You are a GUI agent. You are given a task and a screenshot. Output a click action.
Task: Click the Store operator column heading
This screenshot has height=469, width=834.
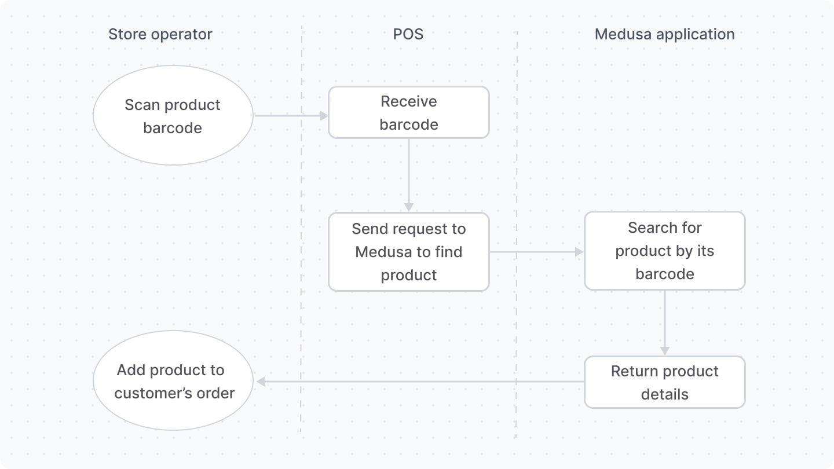coord(160,34)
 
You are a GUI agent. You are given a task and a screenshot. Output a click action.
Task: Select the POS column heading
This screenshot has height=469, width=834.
coord(408,34)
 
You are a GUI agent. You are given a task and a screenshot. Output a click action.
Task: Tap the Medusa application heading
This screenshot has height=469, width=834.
coord(664,34)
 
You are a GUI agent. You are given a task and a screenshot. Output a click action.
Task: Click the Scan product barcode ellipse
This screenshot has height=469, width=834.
coord(173,116)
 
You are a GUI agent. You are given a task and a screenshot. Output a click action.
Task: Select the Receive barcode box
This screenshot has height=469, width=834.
coord(409,113)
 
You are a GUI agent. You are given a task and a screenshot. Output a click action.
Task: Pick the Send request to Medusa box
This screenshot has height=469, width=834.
coord(409,252)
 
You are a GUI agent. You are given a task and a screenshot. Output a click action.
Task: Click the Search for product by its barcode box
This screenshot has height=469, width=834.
coord(664,251)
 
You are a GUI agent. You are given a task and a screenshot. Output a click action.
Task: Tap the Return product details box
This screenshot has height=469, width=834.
coord(664,382)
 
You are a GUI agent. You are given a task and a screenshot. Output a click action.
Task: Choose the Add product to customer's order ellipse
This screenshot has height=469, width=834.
coord(173,381)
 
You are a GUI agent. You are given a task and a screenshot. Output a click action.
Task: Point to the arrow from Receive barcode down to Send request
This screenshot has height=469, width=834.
coord(409,174)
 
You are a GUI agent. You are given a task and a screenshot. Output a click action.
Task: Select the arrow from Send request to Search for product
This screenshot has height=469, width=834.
coord(536,252)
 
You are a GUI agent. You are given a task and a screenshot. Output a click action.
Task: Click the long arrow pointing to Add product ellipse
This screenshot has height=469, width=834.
coord(417,382)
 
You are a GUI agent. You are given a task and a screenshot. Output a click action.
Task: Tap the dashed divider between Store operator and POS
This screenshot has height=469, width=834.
coord(301,232)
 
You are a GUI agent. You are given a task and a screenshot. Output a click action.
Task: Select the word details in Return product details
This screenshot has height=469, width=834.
coord(664,395)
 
